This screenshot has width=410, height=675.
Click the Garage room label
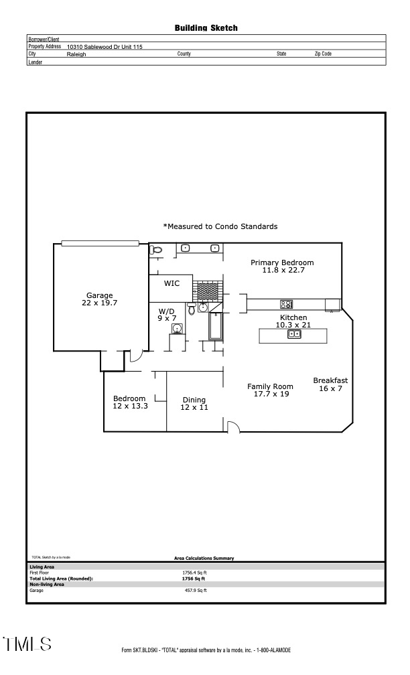point(99,295)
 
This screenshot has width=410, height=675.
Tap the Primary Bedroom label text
point(282,262)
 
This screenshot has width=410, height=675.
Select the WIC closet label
point(172,283)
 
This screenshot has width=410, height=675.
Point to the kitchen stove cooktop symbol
point(286,304)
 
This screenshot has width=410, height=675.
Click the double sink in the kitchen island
point(294,335)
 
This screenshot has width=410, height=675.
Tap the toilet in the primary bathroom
point(157,250)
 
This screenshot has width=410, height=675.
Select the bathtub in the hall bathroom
point(216,328)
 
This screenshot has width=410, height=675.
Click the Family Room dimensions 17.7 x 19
point(271,394)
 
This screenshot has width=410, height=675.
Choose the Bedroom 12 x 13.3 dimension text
point(130,406)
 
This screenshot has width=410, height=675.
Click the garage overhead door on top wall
point(100,243)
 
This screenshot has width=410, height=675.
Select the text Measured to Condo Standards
point(220,227)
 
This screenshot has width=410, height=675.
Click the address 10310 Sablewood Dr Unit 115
point(105,47)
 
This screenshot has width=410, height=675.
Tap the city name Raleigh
point(76,54)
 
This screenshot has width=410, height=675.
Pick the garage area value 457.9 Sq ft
point(195,590)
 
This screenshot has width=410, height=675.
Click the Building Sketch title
point(206,28)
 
